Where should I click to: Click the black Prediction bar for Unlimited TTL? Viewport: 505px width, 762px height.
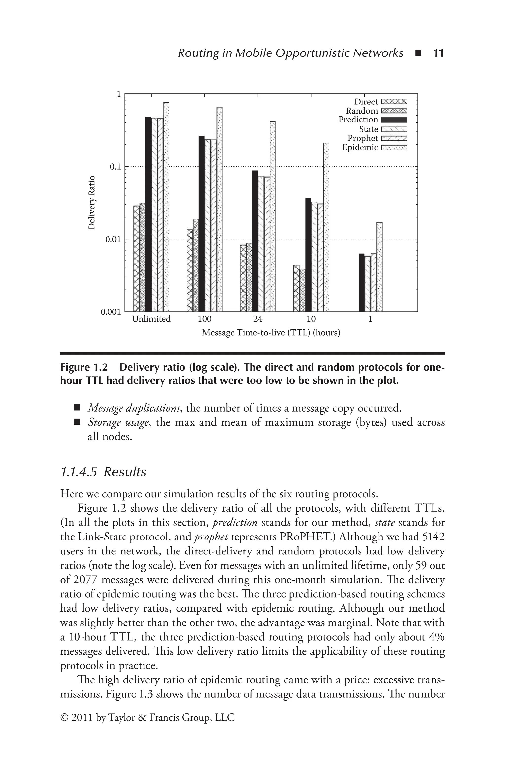coord(148,214)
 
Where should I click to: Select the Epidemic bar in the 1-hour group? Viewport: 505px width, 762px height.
coord(379,267)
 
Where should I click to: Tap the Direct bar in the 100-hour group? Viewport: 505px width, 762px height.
coord(190,270)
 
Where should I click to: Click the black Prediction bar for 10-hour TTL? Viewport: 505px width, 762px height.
coord(308,254)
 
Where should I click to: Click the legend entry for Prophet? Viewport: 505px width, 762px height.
coord(363,138)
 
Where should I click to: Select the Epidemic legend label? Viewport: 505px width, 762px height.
coord(360,148)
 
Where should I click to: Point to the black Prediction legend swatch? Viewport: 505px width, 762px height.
coord(394,120)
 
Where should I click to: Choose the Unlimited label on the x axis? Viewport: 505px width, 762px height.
coord(151,319)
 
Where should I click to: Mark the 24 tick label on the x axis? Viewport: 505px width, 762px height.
coord(258,319)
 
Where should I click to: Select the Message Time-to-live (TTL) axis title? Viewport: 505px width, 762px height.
coord(271,333)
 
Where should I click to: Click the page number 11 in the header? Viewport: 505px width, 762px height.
coord(438,53)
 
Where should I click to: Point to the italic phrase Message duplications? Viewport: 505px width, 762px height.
coord(134,408)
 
